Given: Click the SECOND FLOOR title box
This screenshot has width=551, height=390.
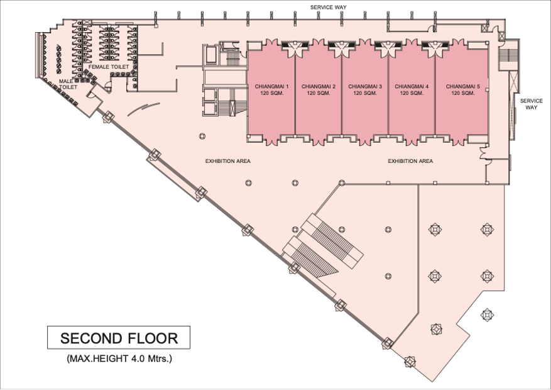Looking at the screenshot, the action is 119,338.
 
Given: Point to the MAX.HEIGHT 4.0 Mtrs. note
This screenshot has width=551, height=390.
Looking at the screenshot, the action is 119,359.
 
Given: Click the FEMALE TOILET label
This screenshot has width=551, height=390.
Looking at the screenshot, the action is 109,67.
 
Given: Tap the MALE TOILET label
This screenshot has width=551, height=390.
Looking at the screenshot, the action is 68,84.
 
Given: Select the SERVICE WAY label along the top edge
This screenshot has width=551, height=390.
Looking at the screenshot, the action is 328,7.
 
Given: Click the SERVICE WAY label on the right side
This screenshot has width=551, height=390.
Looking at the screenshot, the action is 532,104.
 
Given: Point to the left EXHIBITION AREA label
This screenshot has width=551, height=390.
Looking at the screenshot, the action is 227,161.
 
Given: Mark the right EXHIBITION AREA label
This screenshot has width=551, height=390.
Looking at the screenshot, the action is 410,161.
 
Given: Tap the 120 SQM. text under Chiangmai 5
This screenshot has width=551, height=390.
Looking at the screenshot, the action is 463,93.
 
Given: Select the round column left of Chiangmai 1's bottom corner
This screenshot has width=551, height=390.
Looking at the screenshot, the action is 202,136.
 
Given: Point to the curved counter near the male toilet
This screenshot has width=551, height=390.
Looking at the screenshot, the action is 144,109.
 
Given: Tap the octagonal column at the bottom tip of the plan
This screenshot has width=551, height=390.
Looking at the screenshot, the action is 410,361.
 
